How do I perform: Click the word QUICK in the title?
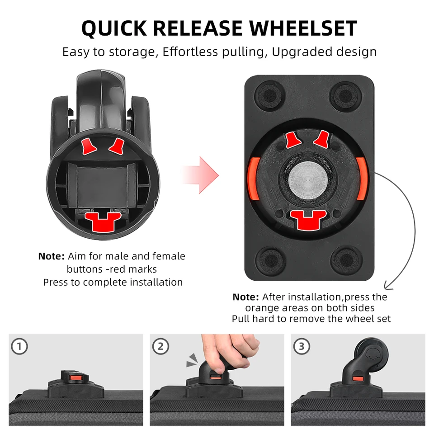[114, 29]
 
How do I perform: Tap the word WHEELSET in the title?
[303, 28]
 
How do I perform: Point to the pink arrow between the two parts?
[200, 175]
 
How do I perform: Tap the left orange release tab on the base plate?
[254, 179]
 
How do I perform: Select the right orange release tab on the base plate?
[362, 179]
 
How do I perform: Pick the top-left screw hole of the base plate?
[270, 95]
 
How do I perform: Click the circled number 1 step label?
[19, 346]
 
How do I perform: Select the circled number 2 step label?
[160, 346]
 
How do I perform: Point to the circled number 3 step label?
[302, 346]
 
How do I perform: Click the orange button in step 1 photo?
[75, 378]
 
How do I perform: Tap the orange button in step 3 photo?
[358, 379]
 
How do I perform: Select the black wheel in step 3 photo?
[371, 354]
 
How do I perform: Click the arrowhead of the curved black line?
[388, 287]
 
